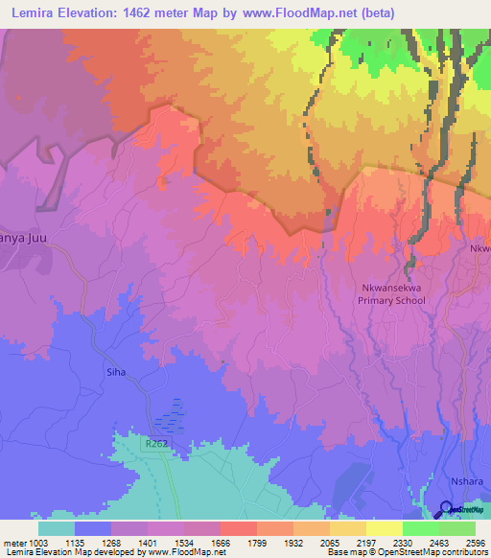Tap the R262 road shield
pyautogui.click(x=158, y=445)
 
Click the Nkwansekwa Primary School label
pyautogui.click(x=390, y=292)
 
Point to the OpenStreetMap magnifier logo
pyautogui.click(x=446, y=508)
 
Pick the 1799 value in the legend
pyautogui.click(x=258, y=543)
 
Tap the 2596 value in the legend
pyautogui.click(x=475, y=543)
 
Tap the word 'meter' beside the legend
pyautogui.click(x=14, y=543)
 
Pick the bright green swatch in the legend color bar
pyautogui.click(x=420, y=528)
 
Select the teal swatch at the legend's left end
pyautogui.click(x=57, y=528)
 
